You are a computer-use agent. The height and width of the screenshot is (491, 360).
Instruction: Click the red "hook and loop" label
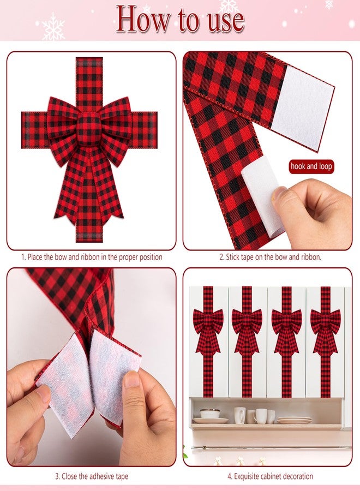(x=311, y=166)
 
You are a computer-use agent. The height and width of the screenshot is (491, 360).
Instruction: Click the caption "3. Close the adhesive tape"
(x=91, y=476)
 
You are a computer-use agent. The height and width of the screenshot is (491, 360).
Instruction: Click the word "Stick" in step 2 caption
(x=235, y=256)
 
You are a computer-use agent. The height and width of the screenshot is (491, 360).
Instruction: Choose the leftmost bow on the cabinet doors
(x=208, y=325)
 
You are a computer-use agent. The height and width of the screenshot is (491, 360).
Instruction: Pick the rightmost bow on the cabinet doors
(x=326, y=325)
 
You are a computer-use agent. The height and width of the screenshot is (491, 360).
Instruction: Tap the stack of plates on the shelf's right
(x=295, y=420)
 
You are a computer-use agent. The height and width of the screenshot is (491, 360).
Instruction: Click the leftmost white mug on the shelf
(x=239, y=415)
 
